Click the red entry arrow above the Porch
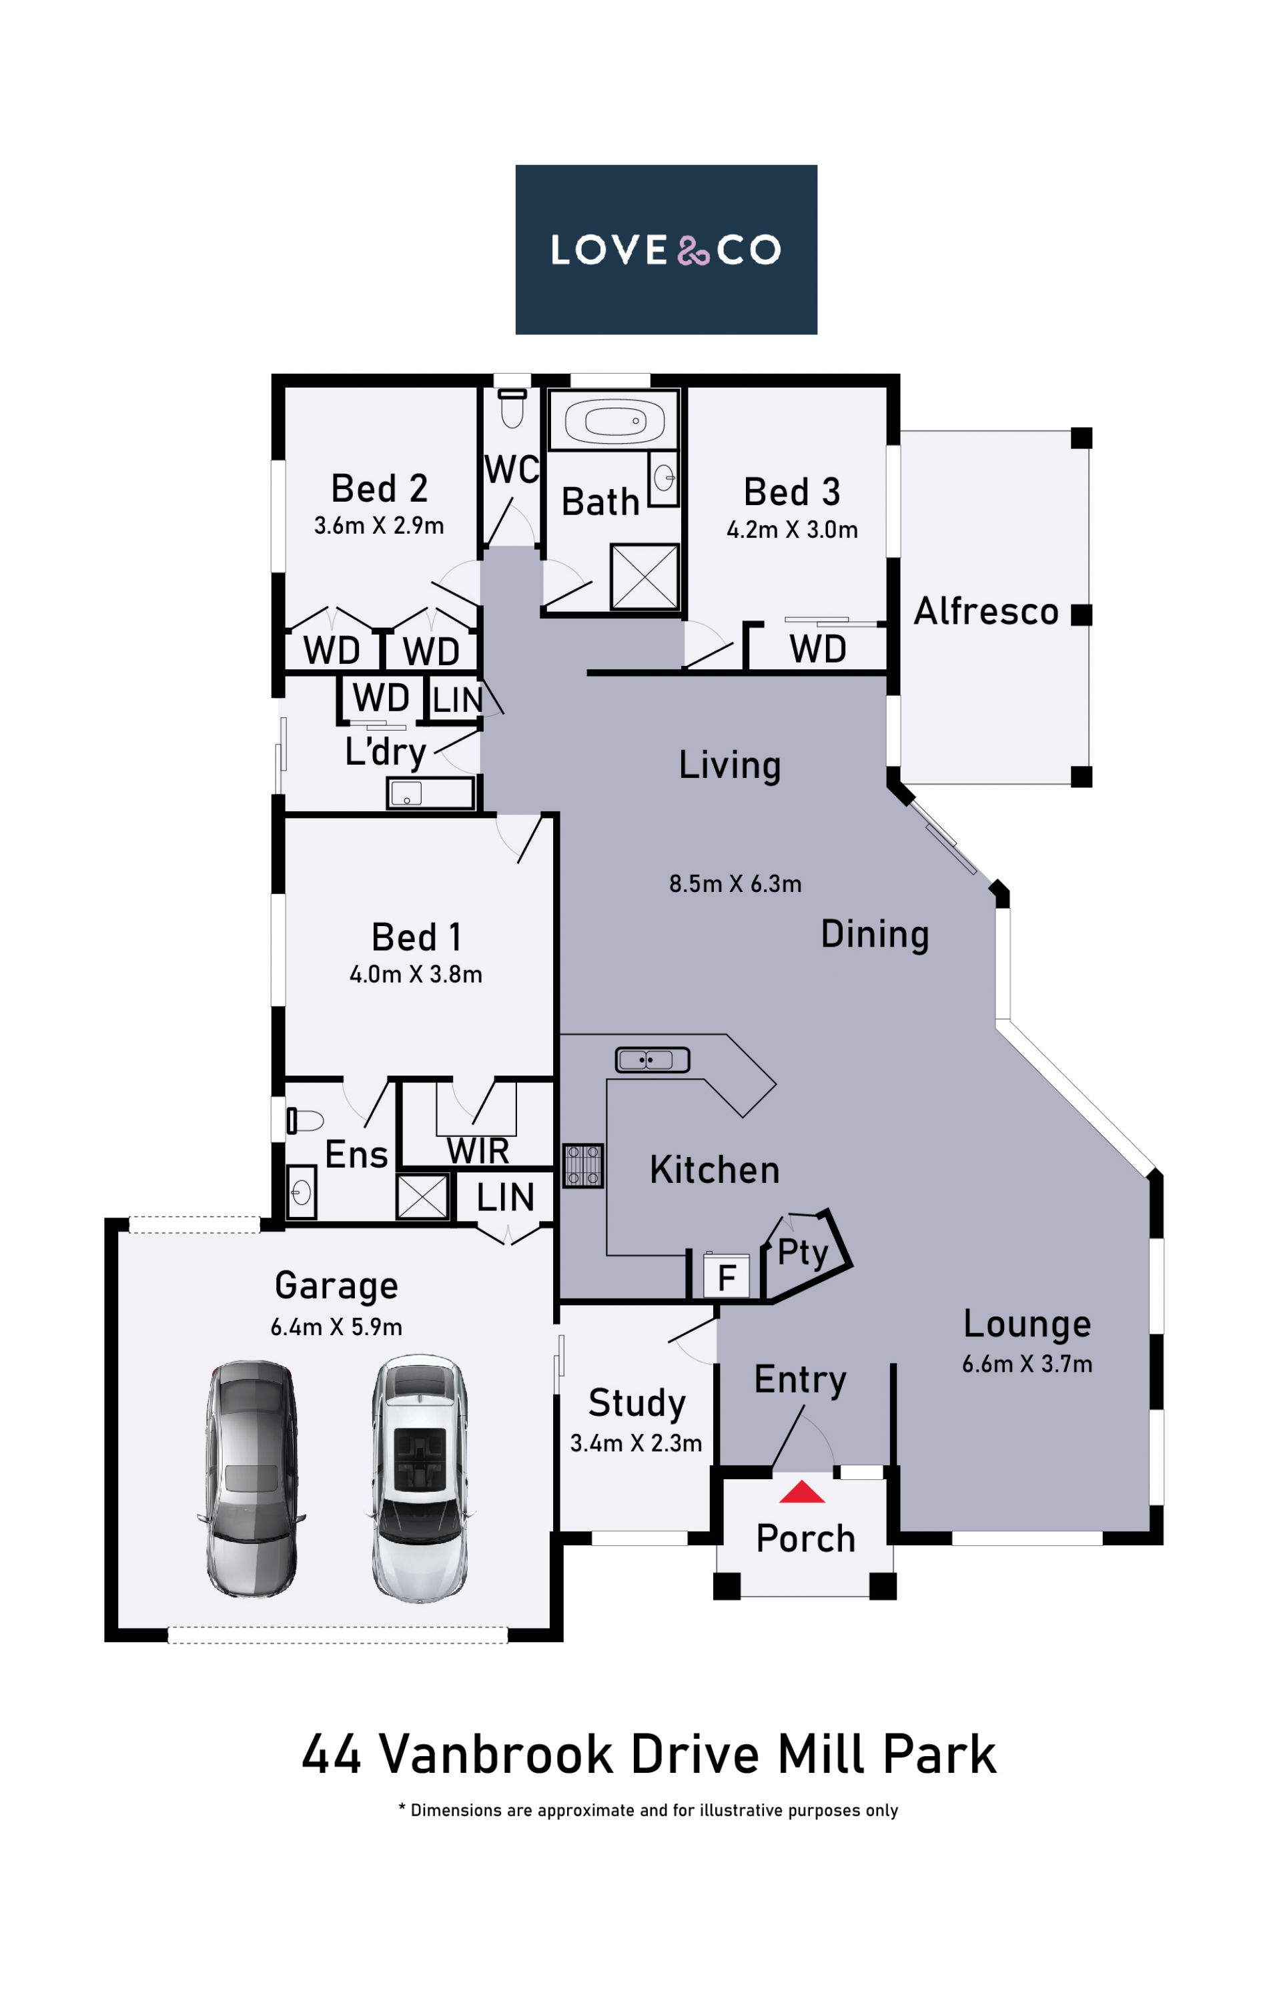[x=802, y=1491]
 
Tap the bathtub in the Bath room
[x=614, y=421]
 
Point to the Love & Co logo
[x=667, y=250]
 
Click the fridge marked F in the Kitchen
[x=726, y=1274]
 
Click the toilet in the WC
[x=512, y=408]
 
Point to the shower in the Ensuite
[x=422, y=1198]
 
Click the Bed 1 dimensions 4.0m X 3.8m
[x=416, y=974]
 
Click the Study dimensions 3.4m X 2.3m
[x=636, y=1443]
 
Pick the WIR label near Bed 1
[x=478, y=1152]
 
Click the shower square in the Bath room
[x=645, y=576]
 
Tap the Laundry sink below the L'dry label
[x=430, y=793]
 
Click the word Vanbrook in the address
[x=496, y=1755]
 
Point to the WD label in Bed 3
[x=818, y=649]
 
